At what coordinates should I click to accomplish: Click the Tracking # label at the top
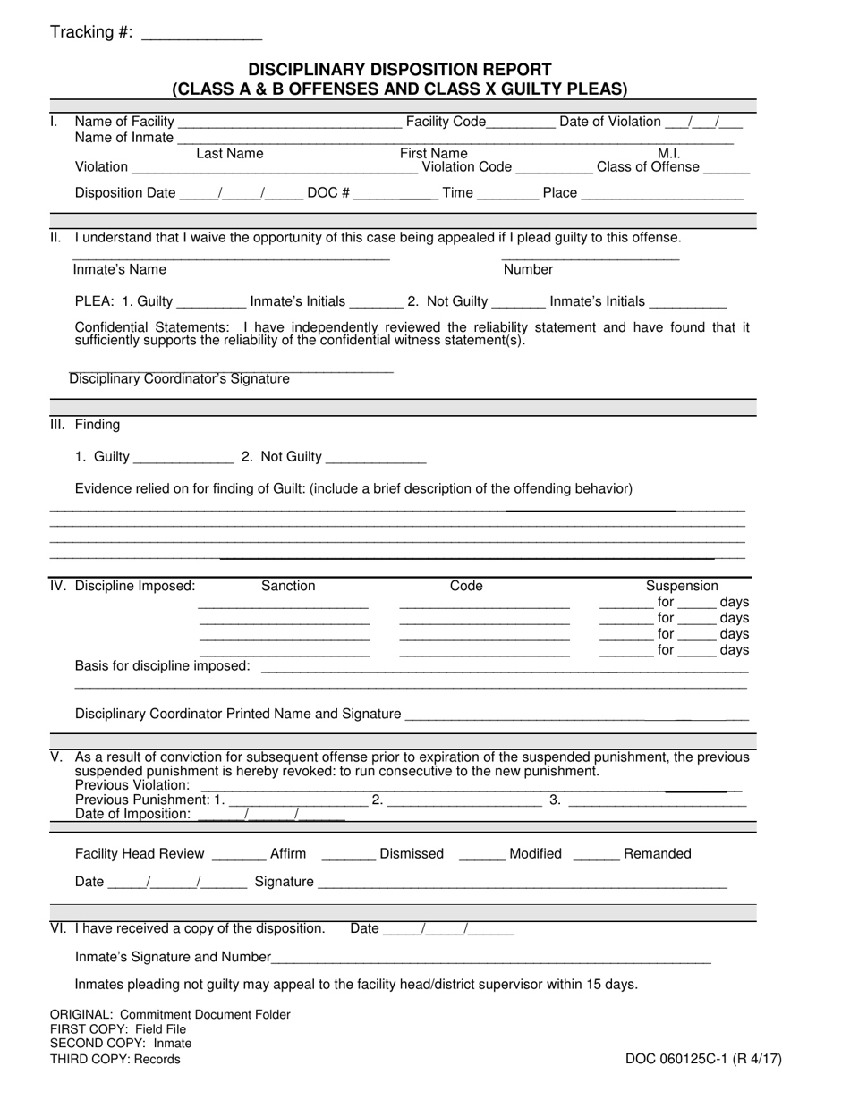coord(91,33)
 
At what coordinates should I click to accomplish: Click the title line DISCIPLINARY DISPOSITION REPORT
coord(399,70)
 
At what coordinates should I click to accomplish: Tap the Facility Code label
coord(446,122)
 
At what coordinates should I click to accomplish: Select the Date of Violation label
coord(610,122)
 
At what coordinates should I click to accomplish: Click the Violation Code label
coord(466,166)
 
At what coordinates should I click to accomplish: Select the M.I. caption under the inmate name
coord(668,154)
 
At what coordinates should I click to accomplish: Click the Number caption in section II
coord(528,270)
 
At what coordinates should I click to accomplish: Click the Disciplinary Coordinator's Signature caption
coord(180,379)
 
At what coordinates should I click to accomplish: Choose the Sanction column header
coord(288,587)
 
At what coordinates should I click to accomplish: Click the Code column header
coord(466,587)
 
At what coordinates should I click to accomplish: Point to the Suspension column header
coord(682,587)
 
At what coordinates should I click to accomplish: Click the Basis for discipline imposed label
coord(163,666)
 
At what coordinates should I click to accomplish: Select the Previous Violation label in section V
coord(132,785)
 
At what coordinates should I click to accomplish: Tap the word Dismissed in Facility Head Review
coord(412,854)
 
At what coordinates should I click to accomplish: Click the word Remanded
coord(657,854)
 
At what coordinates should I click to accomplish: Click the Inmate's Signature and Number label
coord(173,958)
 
